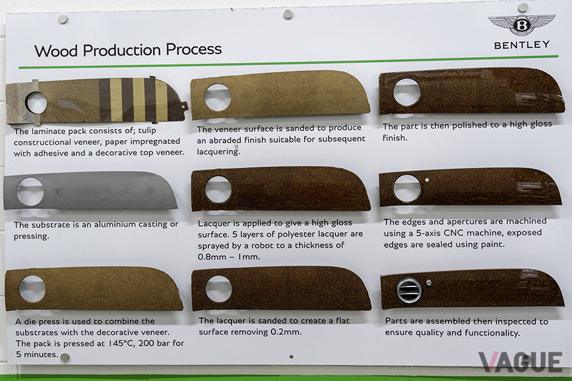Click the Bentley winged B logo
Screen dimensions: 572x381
point(522,25)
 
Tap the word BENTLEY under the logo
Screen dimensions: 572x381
point(522,45)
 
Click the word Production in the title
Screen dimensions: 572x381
point(121,50)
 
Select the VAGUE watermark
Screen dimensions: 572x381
point(520,362)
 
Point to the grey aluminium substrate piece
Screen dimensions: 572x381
point(90,190)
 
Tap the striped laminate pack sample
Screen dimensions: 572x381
point(97,100)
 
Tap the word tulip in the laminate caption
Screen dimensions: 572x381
point(147,131)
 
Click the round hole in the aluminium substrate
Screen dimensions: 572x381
point(30,191)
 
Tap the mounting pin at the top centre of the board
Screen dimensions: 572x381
point(288,15)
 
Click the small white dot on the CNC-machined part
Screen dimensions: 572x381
point(427,180)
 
